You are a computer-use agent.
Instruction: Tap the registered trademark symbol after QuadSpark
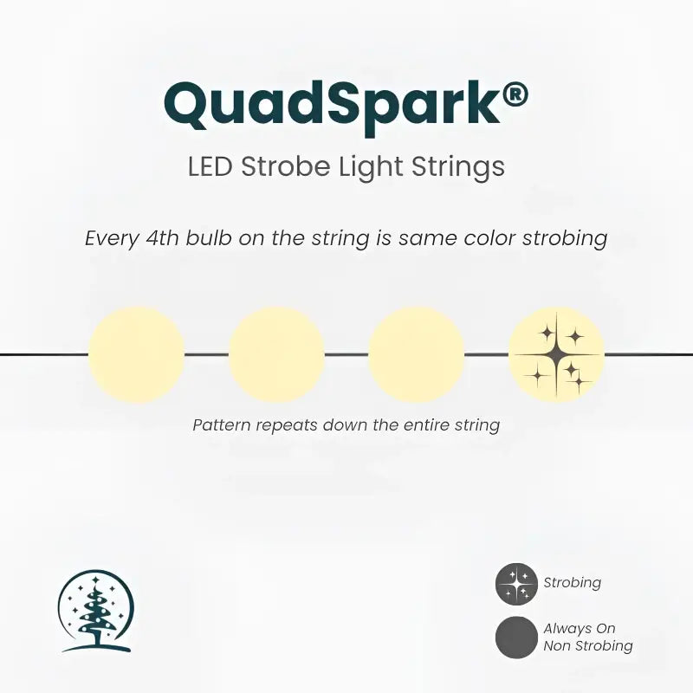514,93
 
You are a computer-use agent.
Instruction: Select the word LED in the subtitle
210,166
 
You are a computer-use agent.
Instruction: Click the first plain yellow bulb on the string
136,354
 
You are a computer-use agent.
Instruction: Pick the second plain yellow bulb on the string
276,354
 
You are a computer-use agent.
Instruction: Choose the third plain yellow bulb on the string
416,354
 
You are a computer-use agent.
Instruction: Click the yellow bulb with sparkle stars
556,354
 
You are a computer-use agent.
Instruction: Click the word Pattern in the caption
221,425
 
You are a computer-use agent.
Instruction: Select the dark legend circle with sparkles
517,584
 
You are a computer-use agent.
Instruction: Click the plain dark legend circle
517,638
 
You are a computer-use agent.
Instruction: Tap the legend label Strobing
573,583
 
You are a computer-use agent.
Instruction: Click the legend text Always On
580,629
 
